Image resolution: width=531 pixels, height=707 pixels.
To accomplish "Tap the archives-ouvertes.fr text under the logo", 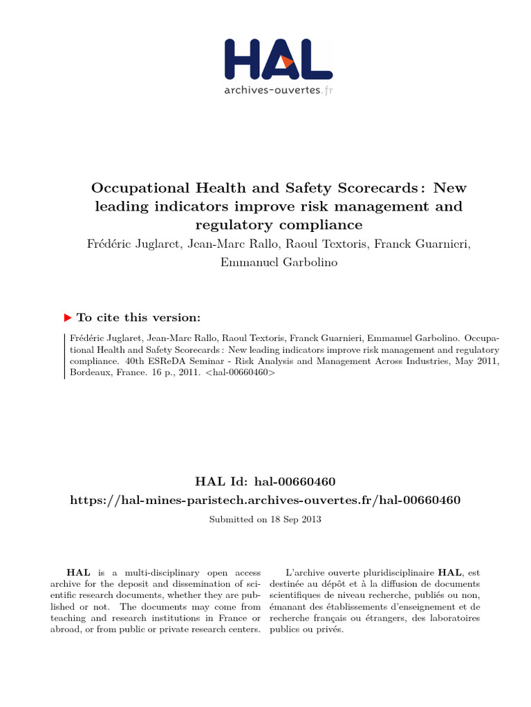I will point(279,90).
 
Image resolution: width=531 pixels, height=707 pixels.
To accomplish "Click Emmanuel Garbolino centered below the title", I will point(265,263).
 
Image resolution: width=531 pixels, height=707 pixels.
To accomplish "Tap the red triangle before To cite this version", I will point(67,318).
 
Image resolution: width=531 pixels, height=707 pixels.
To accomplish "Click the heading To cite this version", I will point(138,318).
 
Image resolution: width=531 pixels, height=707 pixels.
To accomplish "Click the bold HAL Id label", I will point(223,481).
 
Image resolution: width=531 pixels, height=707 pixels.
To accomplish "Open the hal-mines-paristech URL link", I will point(265,499).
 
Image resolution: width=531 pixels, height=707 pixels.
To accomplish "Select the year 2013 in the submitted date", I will point(310,519).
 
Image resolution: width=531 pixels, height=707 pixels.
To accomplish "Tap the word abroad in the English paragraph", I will point(66,630).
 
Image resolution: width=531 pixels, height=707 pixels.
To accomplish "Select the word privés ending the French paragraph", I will point(328,630).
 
